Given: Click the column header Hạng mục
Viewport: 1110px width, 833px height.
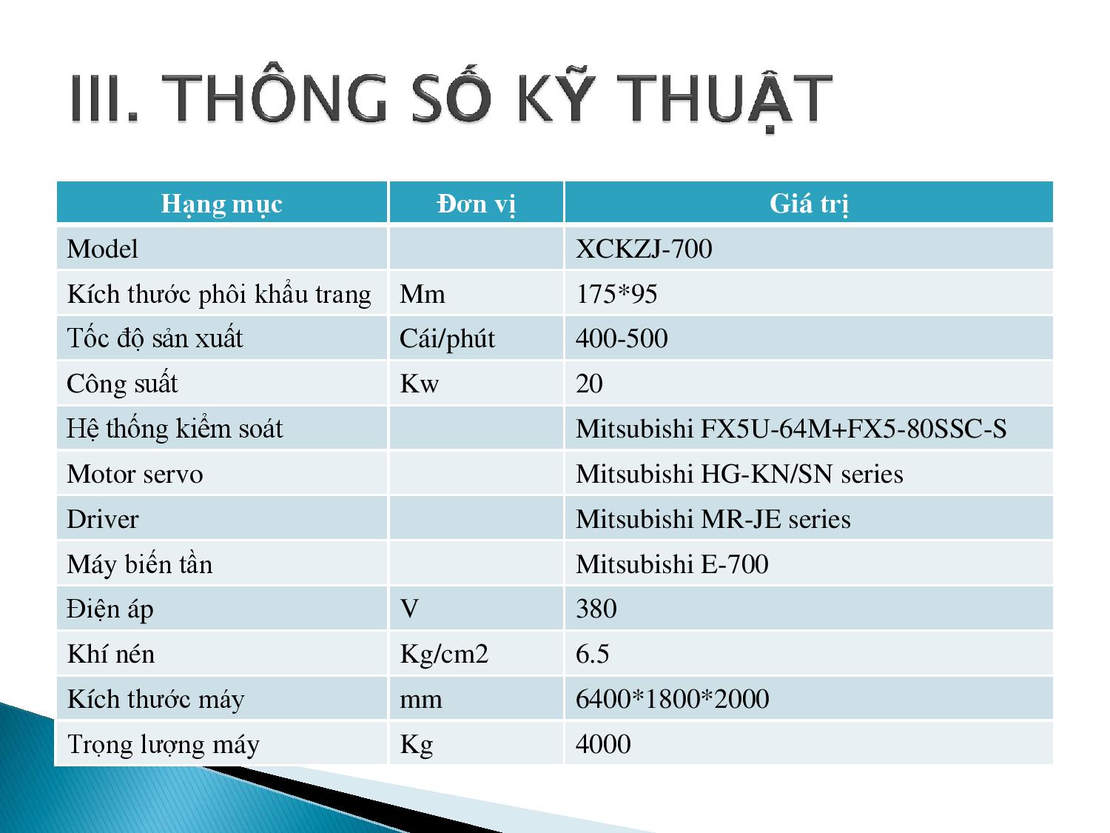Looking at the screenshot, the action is coord(221,204).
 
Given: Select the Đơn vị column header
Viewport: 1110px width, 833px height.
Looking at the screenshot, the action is coord(477,204).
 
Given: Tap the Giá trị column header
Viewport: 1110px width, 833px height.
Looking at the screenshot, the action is coord(809,204).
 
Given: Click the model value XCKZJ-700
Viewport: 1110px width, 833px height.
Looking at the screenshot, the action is coord(644,249).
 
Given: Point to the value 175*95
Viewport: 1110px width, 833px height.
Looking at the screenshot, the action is coord(616,294).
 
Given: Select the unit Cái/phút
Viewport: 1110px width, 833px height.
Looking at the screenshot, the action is coord(447,339).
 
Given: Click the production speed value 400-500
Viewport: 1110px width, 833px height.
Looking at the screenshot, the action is coord(622,338).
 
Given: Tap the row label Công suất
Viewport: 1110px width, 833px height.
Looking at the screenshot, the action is coord(122,383).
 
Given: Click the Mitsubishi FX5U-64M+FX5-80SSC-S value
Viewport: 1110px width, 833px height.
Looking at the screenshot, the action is coord(791,429).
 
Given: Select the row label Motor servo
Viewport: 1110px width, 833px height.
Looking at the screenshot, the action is coord(135,475).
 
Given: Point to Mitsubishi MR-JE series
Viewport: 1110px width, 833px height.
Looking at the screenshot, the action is coord(713,519).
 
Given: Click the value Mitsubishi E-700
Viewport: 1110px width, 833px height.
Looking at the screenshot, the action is coord(672,564).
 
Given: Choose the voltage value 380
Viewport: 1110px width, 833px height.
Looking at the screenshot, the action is coord(596,609).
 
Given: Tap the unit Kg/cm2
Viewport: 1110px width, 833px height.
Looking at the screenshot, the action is coord(444,655).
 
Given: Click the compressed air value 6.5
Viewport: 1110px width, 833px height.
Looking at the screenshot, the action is coord(592,654).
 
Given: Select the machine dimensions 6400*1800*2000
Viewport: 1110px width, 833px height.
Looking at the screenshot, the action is coord(673,699).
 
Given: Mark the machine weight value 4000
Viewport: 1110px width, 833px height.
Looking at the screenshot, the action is coord(603,744).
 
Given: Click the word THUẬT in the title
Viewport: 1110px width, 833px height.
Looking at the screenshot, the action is coord(724,98).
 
